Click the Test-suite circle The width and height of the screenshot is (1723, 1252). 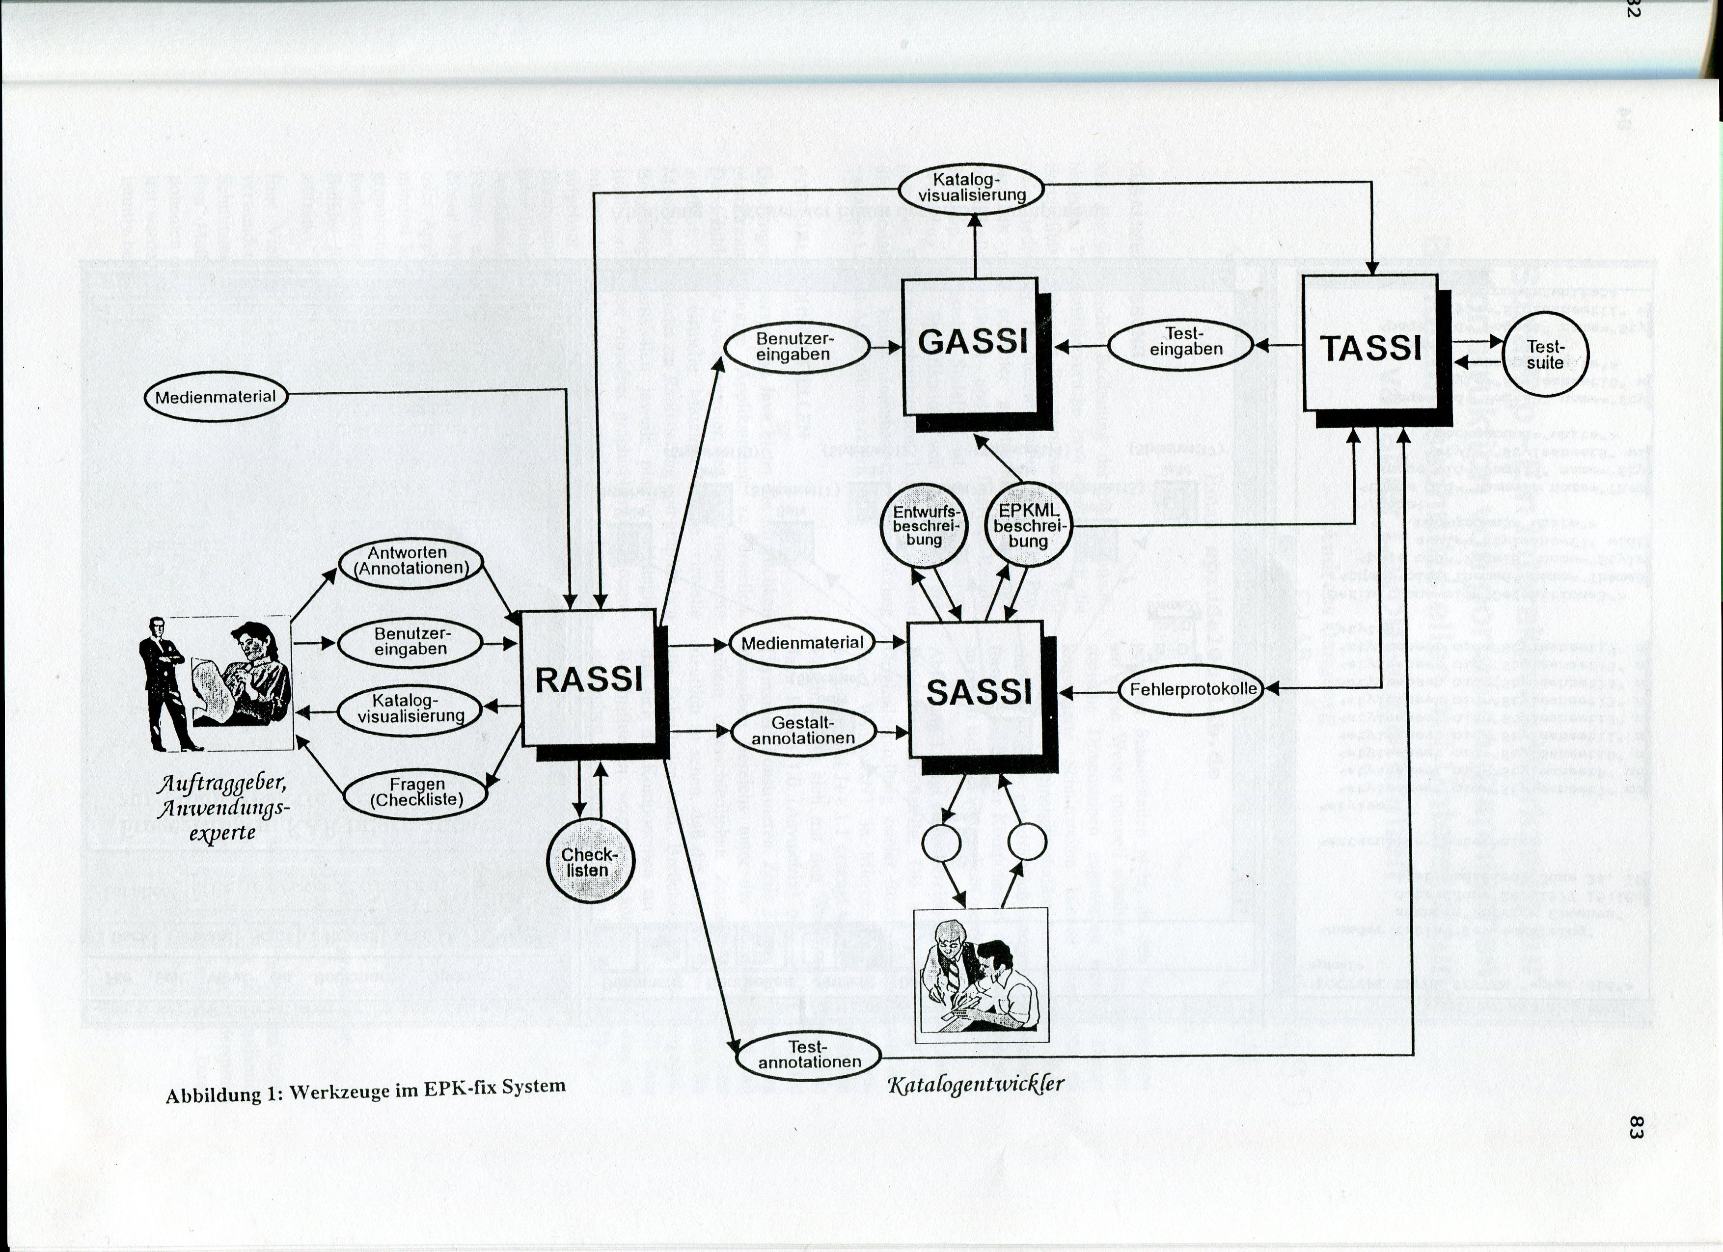[1545, 355]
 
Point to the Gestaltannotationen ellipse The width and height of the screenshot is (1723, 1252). [802, 730]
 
